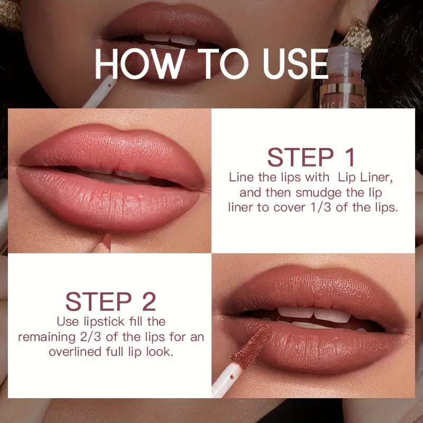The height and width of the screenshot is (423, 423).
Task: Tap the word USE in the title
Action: click(x=296, y=63)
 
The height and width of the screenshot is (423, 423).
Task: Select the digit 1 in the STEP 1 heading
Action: click(x=350, y=157)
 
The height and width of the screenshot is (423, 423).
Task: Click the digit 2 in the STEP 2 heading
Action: click(x=149, y=301)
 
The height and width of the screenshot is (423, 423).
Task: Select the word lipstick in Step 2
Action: click(x=104, y=322)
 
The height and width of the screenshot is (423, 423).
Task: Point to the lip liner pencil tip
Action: click(x=107, y=241)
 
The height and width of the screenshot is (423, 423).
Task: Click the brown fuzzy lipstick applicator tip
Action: click(x=252, y=346)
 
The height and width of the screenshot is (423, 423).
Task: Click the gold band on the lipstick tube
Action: click(x=342, y=89)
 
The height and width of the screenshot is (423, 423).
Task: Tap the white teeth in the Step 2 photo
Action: click(x=314, y=315)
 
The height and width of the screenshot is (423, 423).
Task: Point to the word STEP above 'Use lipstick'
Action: click(x=98, y=301)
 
